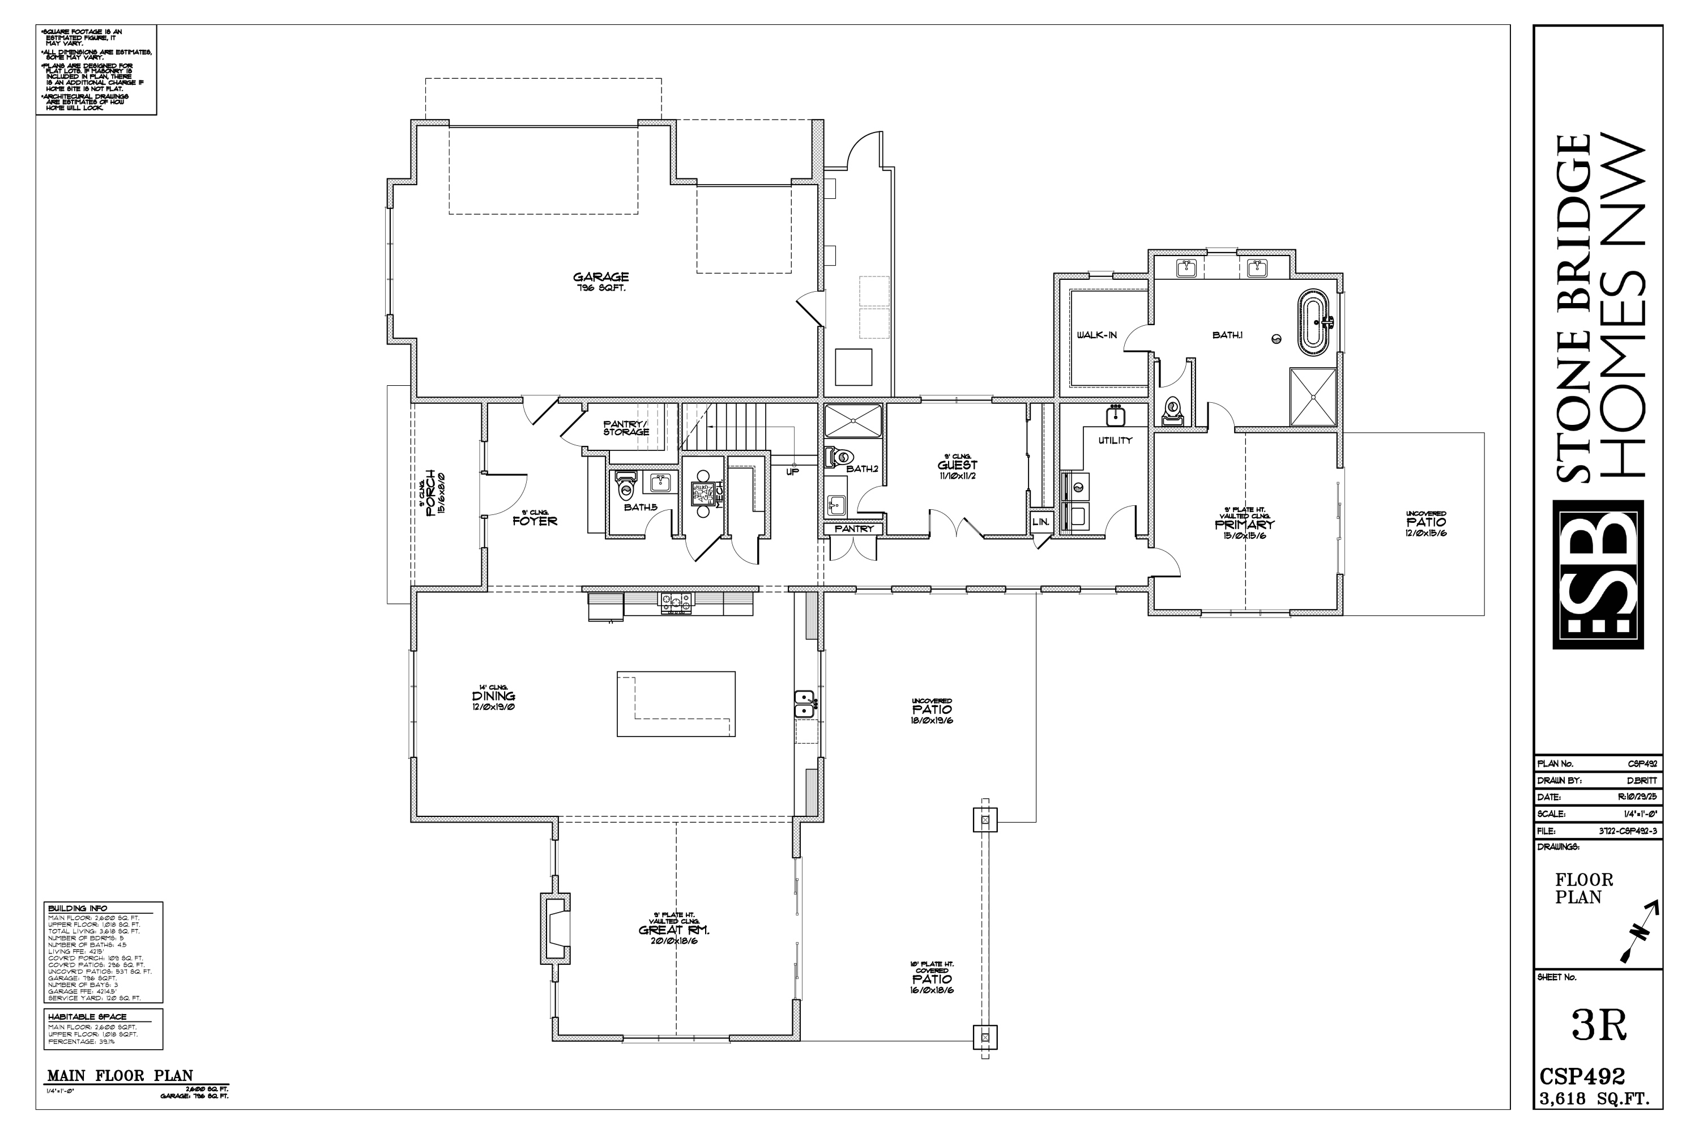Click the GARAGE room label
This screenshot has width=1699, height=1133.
pyautogui.click(x=600, y=277)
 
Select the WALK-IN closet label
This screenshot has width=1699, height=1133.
pyautogui.click(x=1096, y=335)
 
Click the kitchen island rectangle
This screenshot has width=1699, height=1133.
pyautogui.click(x=676, y=704)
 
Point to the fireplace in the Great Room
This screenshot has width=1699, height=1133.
pyautogui.click(x=556, y=928)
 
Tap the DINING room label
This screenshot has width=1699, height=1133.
pyautogui.click(x=494, y=696)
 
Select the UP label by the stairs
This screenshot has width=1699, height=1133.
pyautogui.click(x=792, y=472)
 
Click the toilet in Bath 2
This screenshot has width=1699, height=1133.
pyautogui.click(x=840, y=457)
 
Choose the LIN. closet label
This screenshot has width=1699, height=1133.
pyautogui.click(x=1040, y=522)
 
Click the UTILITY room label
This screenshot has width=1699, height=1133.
pyautogui.click(x=1115, y=440)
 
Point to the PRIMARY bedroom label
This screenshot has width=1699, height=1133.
pyautogui.click(x=1244, y=525)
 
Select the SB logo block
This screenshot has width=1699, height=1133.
pyautogui.click(x=1598, y=574)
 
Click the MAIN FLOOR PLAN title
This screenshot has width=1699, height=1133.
pyautogui.click(x=120, y=1076)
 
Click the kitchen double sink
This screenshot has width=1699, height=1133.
pyautogui.click(x=805, y=704)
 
